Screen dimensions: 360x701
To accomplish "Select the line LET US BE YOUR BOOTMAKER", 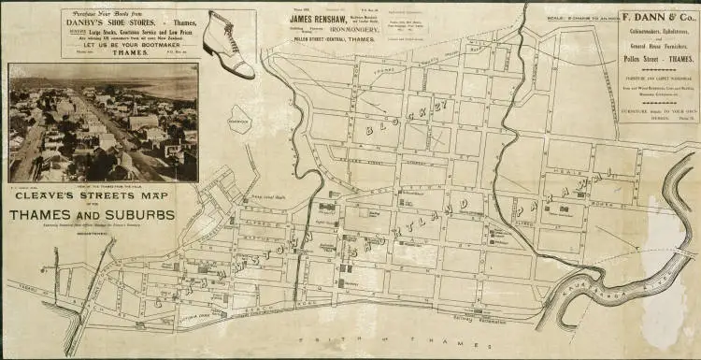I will tap(130, 45).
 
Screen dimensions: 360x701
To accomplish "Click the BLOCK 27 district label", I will tap(392, 120).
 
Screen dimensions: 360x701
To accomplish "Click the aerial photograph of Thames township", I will tap(103, 122).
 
